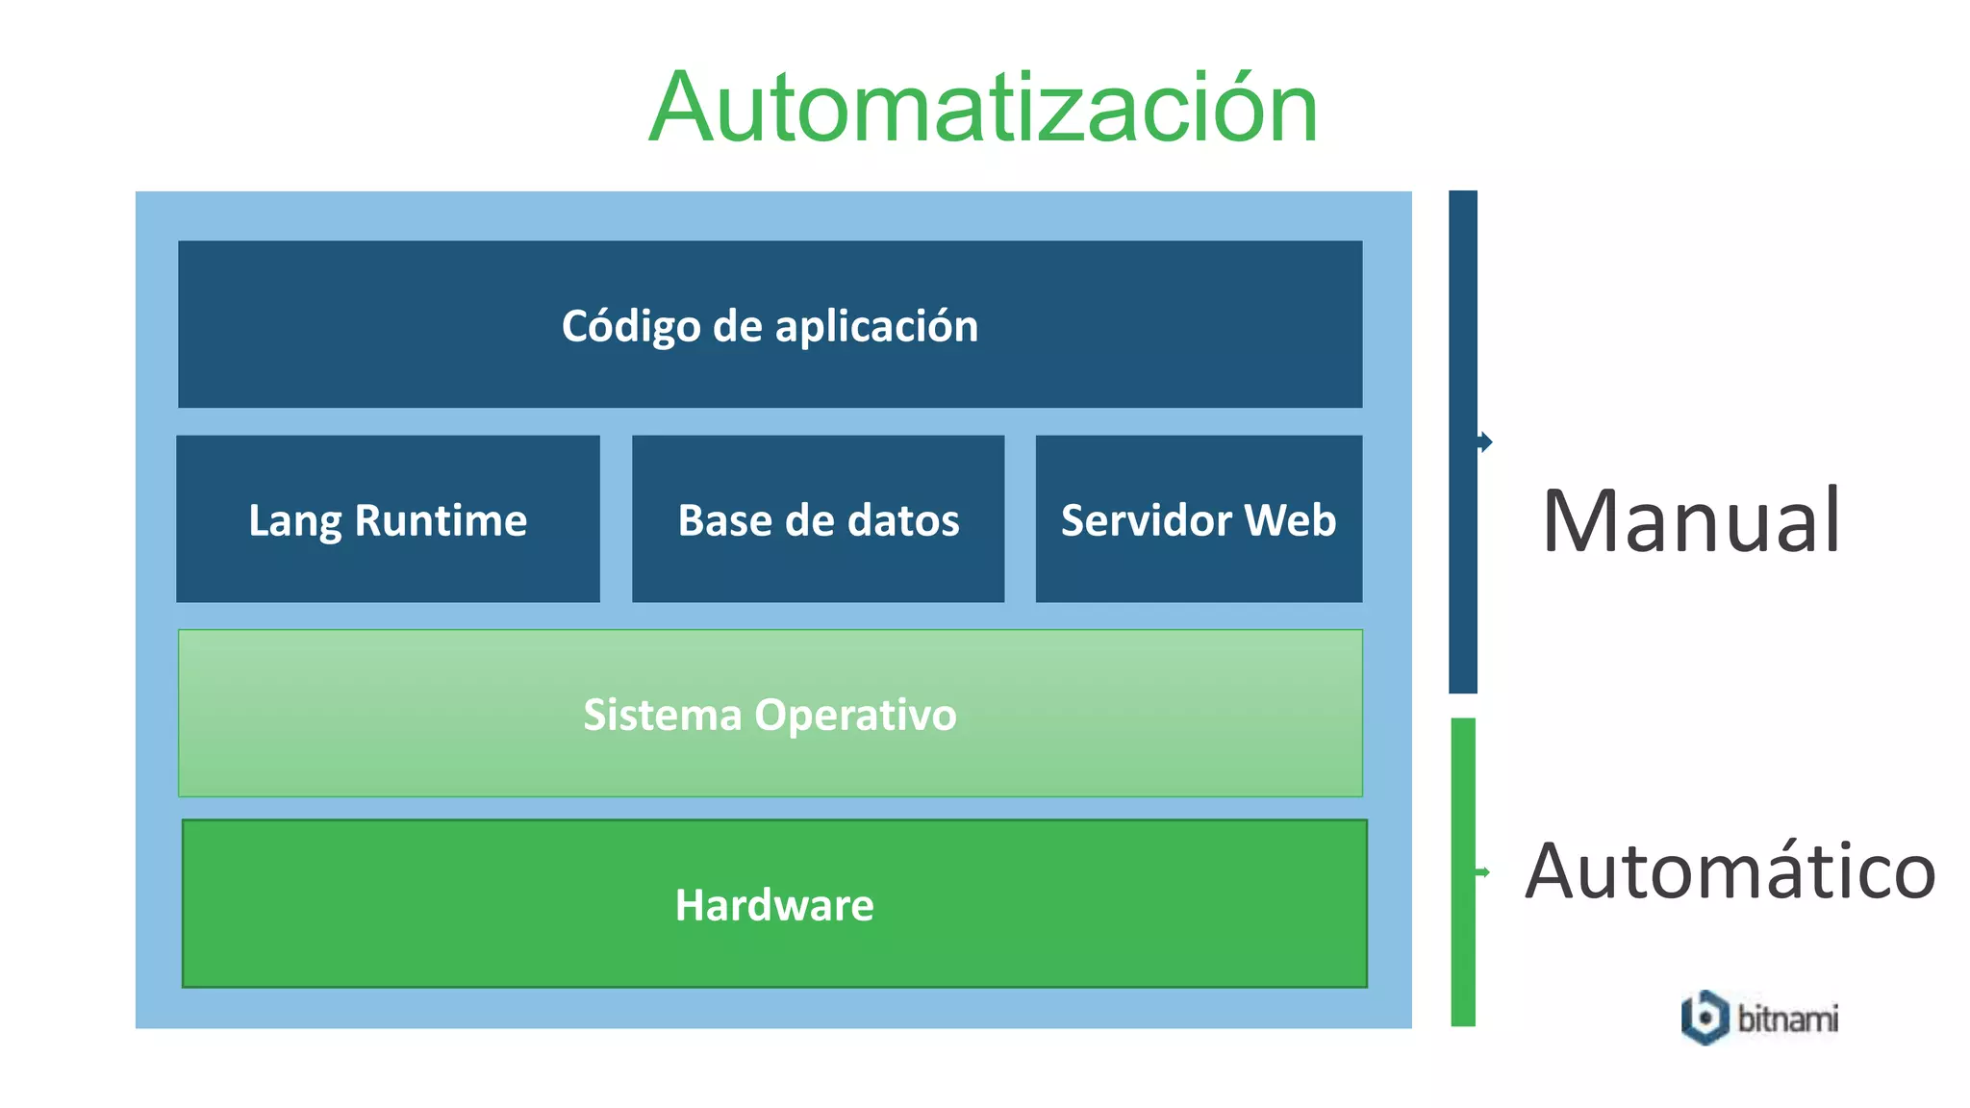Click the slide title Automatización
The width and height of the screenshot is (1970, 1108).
983,108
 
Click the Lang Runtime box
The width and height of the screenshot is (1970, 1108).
388,519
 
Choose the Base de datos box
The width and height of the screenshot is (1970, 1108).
818,519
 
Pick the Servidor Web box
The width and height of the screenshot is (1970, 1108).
1199,519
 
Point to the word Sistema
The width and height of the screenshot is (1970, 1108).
663,715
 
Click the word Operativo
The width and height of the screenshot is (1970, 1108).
856,715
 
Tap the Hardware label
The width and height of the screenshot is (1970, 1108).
774,905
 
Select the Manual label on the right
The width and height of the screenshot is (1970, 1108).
1691,521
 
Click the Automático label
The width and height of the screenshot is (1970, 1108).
1730,871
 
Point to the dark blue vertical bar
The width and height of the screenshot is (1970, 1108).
1463,441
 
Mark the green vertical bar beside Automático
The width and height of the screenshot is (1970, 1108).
1463,871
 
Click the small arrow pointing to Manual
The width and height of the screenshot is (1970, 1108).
1485,442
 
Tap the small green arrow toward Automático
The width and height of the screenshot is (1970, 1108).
1483,872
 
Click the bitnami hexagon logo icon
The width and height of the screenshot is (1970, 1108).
1705,1018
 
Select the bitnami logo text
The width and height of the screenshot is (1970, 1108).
1788,1019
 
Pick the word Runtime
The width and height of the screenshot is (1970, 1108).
441,520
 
